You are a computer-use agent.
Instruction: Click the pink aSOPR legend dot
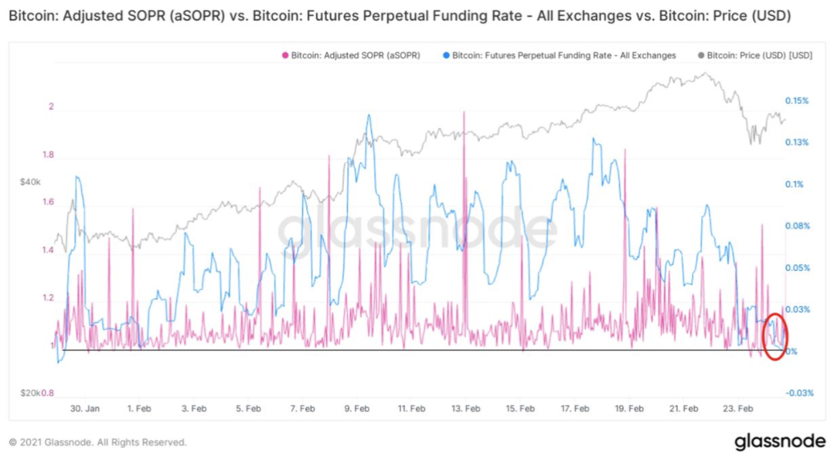(x=286, y=55)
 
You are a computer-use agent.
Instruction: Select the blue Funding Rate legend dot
(x=447, y=55)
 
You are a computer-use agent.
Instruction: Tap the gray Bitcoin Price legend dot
(x=701, y=55)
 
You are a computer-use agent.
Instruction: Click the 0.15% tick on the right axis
(x=797, y=100)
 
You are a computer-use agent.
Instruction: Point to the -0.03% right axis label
(x=799, y=393)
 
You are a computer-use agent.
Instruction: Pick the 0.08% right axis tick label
(x=797, y=226)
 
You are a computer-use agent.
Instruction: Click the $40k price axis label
(x=30, y=182)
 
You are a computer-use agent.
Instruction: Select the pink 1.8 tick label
(x=48, y=155)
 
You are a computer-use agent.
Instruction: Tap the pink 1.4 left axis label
(x=48, y=249)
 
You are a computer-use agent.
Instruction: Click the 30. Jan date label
(x=85, y=408)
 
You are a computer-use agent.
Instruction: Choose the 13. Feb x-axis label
(x=466, y=408)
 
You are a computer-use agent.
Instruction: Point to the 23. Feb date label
(x=738, y=408)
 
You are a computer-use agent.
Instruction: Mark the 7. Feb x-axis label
(x=303, y=408)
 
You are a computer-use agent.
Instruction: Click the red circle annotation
(x=775, y=337)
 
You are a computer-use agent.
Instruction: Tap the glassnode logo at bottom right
(x=780, y=441)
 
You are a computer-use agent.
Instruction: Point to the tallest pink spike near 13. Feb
(x=464, y=113)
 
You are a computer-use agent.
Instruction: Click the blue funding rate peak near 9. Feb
(x=369, y=116)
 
